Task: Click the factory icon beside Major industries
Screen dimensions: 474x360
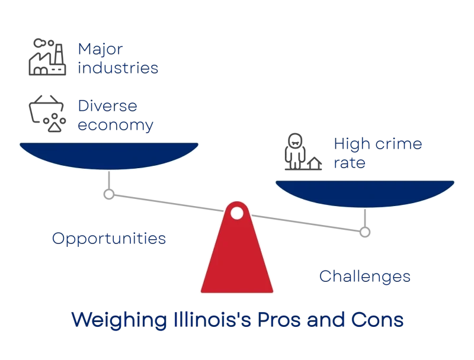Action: click(x=47, y=57)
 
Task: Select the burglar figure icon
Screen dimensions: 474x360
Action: click(x=295, y=151)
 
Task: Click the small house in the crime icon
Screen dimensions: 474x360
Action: click(x=315, y=163)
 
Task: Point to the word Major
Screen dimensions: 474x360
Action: click(x=100, y=49)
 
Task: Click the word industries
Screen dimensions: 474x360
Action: click(x=118, y=67)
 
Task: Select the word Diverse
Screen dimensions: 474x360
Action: click(x=108, y=106)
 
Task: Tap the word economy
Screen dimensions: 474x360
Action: click(x=116, y=125)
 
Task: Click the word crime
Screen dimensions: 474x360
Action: click(x=399, y=143)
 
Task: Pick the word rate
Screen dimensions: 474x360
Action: click(x=350, y=163)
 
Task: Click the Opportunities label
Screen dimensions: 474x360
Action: click(x=109, y=239)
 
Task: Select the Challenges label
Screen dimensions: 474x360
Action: click(x=365, y=277)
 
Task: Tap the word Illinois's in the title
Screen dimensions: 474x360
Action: click(x=212, y=320)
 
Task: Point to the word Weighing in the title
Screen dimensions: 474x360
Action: click(x=119, y=320)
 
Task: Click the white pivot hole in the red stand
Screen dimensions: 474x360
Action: click(x=236, y=213)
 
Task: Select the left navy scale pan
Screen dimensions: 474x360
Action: click(x=109, y=156)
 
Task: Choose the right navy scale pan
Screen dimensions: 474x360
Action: click(x=365, y=194)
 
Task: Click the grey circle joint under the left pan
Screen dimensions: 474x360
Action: click(x=109, y=194)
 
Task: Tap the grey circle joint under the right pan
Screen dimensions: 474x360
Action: click(x=365, y=232)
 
